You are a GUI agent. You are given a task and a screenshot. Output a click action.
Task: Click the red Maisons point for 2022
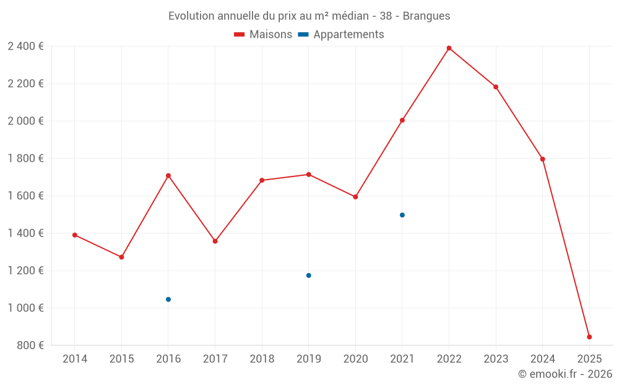tap(449, 48)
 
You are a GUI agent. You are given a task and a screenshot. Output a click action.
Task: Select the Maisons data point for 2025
tap(589, 337)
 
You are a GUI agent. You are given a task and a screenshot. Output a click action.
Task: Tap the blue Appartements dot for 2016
tap(168, 300)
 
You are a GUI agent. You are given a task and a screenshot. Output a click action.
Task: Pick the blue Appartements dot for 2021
tap(402, 215)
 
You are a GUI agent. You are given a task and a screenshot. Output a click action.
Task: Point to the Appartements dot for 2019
tap(309, 276)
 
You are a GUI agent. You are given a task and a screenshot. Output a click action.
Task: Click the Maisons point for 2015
tap(121, 257)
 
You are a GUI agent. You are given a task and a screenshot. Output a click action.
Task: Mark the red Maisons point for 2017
tap(215, 241)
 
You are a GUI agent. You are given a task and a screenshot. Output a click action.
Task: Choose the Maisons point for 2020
tap(355, 197)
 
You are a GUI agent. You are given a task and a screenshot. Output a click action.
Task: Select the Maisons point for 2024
tap(543, 159)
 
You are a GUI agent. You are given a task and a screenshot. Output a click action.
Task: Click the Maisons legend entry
tap(263, 35)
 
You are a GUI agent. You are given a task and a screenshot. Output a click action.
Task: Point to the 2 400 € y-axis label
tap(25, 46)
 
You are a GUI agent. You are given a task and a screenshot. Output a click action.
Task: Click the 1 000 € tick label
tap(25, 308)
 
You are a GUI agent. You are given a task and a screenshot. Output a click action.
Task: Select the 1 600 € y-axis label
tap(25, 196)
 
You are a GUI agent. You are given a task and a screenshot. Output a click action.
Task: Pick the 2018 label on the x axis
tap(262, 359)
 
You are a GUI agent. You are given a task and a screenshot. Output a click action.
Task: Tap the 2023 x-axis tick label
tap(496, 359)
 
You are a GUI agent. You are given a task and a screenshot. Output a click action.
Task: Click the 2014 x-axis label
tap(75, 359)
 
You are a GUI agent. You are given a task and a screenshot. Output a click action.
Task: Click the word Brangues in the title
tap(426, 15)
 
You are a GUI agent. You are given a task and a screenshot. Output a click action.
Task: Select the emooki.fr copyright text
tap(565, 374)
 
